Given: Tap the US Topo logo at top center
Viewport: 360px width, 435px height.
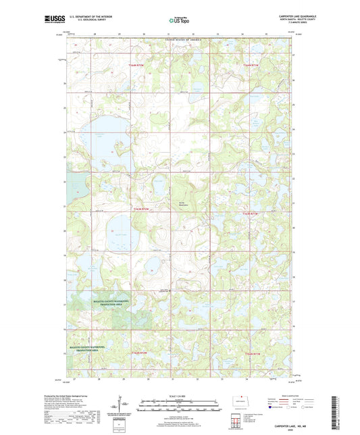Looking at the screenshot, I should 178,20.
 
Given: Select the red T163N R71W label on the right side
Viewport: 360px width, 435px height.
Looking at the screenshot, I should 250,213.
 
